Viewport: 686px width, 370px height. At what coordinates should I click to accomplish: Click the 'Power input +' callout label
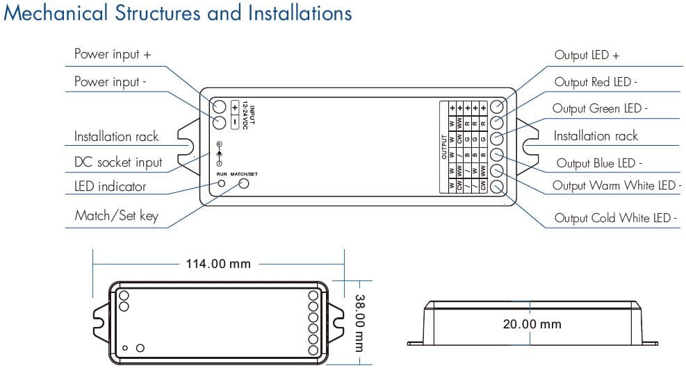(x=112, y=54)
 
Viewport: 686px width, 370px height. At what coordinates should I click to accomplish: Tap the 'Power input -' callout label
(x=111, y=82)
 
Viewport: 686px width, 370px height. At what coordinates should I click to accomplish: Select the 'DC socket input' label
(x=117, y=162)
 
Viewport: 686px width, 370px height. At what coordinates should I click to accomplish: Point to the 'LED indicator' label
(x=110, y=186)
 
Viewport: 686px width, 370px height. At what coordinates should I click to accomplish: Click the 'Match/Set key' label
(x=116, y=216)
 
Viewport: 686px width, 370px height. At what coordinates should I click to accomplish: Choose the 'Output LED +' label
(x=587, y=55)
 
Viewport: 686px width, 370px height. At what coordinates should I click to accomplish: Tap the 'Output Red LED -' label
(x=595, y=82)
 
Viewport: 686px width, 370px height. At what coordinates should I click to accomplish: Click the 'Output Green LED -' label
(x=600, y=109)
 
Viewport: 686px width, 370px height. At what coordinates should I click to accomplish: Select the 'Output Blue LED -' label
(x=598, y=163)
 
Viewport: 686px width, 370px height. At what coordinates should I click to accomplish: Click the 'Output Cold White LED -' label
(x=615, y=218)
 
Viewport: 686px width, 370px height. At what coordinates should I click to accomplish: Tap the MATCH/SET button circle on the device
(x=244, y=183)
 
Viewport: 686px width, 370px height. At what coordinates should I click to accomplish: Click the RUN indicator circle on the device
(x=222, y=183)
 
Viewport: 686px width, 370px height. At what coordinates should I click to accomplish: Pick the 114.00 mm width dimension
(x=218, y=264)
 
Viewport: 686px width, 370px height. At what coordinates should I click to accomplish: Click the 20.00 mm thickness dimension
(x=532, y=324)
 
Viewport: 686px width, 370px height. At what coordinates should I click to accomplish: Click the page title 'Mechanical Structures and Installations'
(x=178, y=13)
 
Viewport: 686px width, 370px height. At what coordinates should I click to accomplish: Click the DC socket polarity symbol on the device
(x=220, y=152)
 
